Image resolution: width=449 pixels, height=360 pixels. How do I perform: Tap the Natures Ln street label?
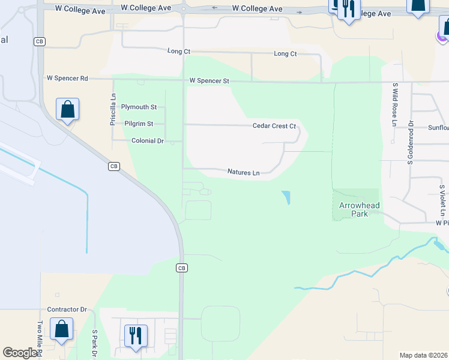coord(243,172)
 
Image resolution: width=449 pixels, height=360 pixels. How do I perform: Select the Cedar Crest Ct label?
coord(274,126)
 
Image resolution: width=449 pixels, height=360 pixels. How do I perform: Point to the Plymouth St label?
coord(139,107)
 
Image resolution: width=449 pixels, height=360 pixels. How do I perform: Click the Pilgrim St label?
coord(139,124)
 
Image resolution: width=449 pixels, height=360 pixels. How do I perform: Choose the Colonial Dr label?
coord(147,140)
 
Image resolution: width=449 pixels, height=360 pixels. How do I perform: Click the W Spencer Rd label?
coord(67,79)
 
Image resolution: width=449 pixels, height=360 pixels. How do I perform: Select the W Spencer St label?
coord(209,80)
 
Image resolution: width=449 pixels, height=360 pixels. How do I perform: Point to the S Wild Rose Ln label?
coord(394,104)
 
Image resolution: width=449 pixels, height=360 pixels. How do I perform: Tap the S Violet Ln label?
coord(442,200)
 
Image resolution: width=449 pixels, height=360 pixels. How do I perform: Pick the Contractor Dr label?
coord(67,310)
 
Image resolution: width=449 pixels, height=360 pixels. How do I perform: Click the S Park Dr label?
coord(95,344)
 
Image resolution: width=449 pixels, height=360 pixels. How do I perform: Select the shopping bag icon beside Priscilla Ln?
coord(68,110)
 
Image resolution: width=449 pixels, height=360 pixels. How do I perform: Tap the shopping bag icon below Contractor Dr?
coord(61,329)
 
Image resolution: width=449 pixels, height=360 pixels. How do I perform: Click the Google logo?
coord(20,353)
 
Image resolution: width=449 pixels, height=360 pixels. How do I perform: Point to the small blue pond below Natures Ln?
coord(286,197)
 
